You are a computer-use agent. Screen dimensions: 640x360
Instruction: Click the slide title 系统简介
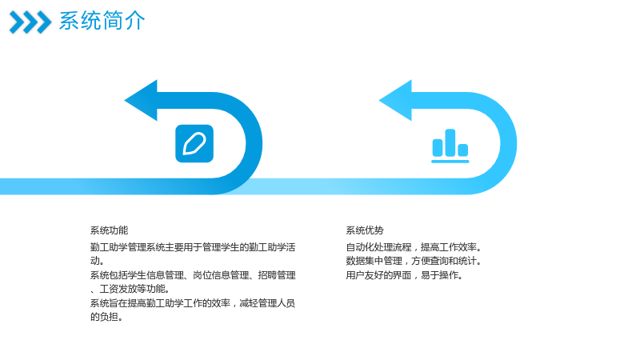tap(102, 21)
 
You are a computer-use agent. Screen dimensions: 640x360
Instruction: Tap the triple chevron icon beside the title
tap(30, 22)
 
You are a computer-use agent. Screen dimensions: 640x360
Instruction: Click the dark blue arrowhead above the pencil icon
tap(142, 101)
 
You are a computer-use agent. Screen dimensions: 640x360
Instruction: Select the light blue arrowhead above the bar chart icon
tap(396, 101)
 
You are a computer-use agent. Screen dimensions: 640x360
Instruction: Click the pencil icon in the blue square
tap(194, 144)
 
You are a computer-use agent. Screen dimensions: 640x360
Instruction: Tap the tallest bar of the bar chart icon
tap(450, 142)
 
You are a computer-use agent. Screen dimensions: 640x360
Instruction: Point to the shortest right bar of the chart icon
tap(463, 150)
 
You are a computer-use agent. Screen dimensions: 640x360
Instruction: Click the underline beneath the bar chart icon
tap(450, 162)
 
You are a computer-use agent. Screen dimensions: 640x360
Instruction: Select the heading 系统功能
tap(109, 230)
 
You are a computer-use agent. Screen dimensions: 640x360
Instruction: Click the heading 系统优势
tap(365, 230)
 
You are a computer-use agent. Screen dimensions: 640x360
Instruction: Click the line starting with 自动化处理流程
tap(414, 247)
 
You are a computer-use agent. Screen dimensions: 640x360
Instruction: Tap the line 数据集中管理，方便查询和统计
tap(414, 262)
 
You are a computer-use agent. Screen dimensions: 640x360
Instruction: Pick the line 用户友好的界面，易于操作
tap(405, 275)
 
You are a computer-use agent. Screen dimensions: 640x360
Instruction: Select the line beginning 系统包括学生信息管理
tap(193, 275)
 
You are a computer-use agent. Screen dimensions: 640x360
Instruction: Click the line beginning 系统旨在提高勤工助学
tap(193, 303)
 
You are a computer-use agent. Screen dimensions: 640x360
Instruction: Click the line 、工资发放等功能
tap(130, 290)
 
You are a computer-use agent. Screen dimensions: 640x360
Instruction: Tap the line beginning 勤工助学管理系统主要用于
tap(193, 247)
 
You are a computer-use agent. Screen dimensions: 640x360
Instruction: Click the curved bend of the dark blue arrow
tap(254, 143)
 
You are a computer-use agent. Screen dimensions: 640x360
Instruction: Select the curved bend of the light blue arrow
tap(509, 143)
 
